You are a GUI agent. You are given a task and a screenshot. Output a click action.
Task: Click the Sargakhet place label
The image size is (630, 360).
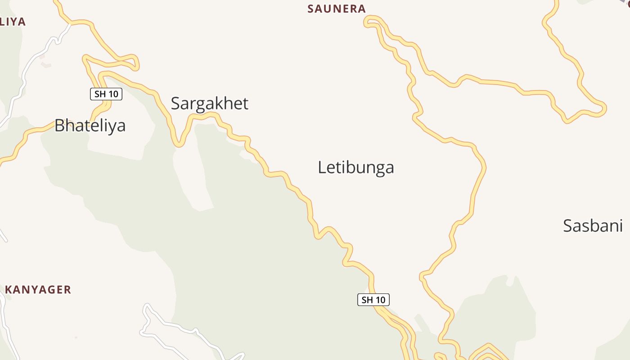209,103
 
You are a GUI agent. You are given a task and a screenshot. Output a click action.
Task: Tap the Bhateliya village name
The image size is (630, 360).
90,126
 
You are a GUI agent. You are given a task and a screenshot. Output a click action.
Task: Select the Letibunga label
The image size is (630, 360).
356,167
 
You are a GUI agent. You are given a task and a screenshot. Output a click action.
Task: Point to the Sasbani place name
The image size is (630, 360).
593,225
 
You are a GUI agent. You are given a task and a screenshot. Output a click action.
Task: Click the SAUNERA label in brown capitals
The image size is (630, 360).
336,9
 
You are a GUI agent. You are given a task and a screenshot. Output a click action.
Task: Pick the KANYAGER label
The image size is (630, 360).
38,290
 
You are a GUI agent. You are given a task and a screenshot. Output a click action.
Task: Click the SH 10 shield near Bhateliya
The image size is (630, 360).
106,94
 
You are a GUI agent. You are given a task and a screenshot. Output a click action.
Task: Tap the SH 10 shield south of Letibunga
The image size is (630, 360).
373,300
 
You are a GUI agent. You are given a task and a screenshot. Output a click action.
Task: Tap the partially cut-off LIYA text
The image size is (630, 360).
12,22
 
